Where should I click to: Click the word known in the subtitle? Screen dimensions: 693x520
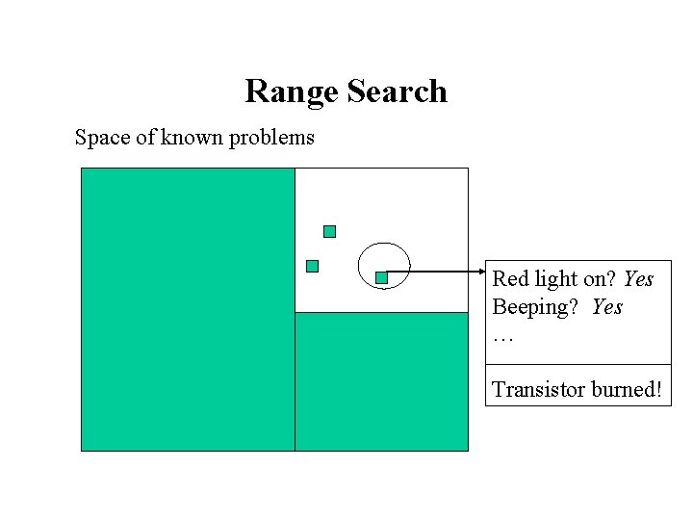pyautogui.click(x=192, y=138)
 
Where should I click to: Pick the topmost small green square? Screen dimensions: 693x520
pyautogui.click(x=329, y=231)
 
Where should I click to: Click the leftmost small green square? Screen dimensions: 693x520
pyautogui.click(x=312, y=267)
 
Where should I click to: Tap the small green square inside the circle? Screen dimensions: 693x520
pyautogui.click(x=381, y=277)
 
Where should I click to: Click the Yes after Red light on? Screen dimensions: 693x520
pyautogui.click(x=638, y=279)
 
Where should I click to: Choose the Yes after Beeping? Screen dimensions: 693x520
pyautogui.click(x=607, y=308)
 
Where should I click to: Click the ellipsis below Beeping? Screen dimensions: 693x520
pyautogui.click(x=503, y=338)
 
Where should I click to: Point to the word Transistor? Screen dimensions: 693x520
pyautogui.click(x=539, y=389)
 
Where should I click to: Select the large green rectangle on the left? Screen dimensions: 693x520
pyautogui.click(x=188, y=309)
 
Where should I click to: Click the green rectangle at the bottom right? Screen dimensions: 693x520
pyautogui.click(x=381, y=381)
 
